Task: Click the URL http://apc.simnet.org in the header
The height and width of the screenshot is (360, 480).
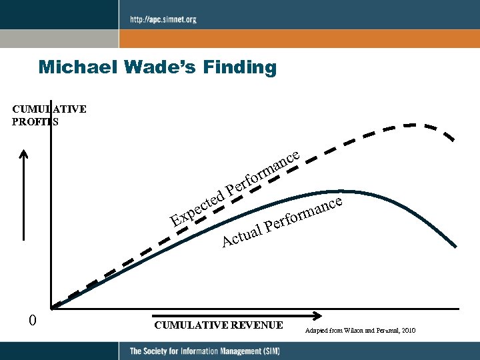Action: pos(163,19)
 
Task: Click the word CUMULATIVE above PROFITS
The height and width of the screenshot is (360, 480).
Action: pos(49,109)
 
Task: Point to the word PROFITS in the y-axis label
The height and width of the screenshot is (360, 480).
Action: pos(35,121)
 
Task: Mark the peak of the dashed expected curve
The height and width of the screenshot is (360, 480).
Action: pos(413,125)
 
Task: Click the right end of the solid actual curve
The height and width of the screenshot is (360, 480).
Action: pos(456,247)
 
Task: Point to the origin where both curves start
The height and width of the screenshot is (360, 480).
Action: pos(53,307)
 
